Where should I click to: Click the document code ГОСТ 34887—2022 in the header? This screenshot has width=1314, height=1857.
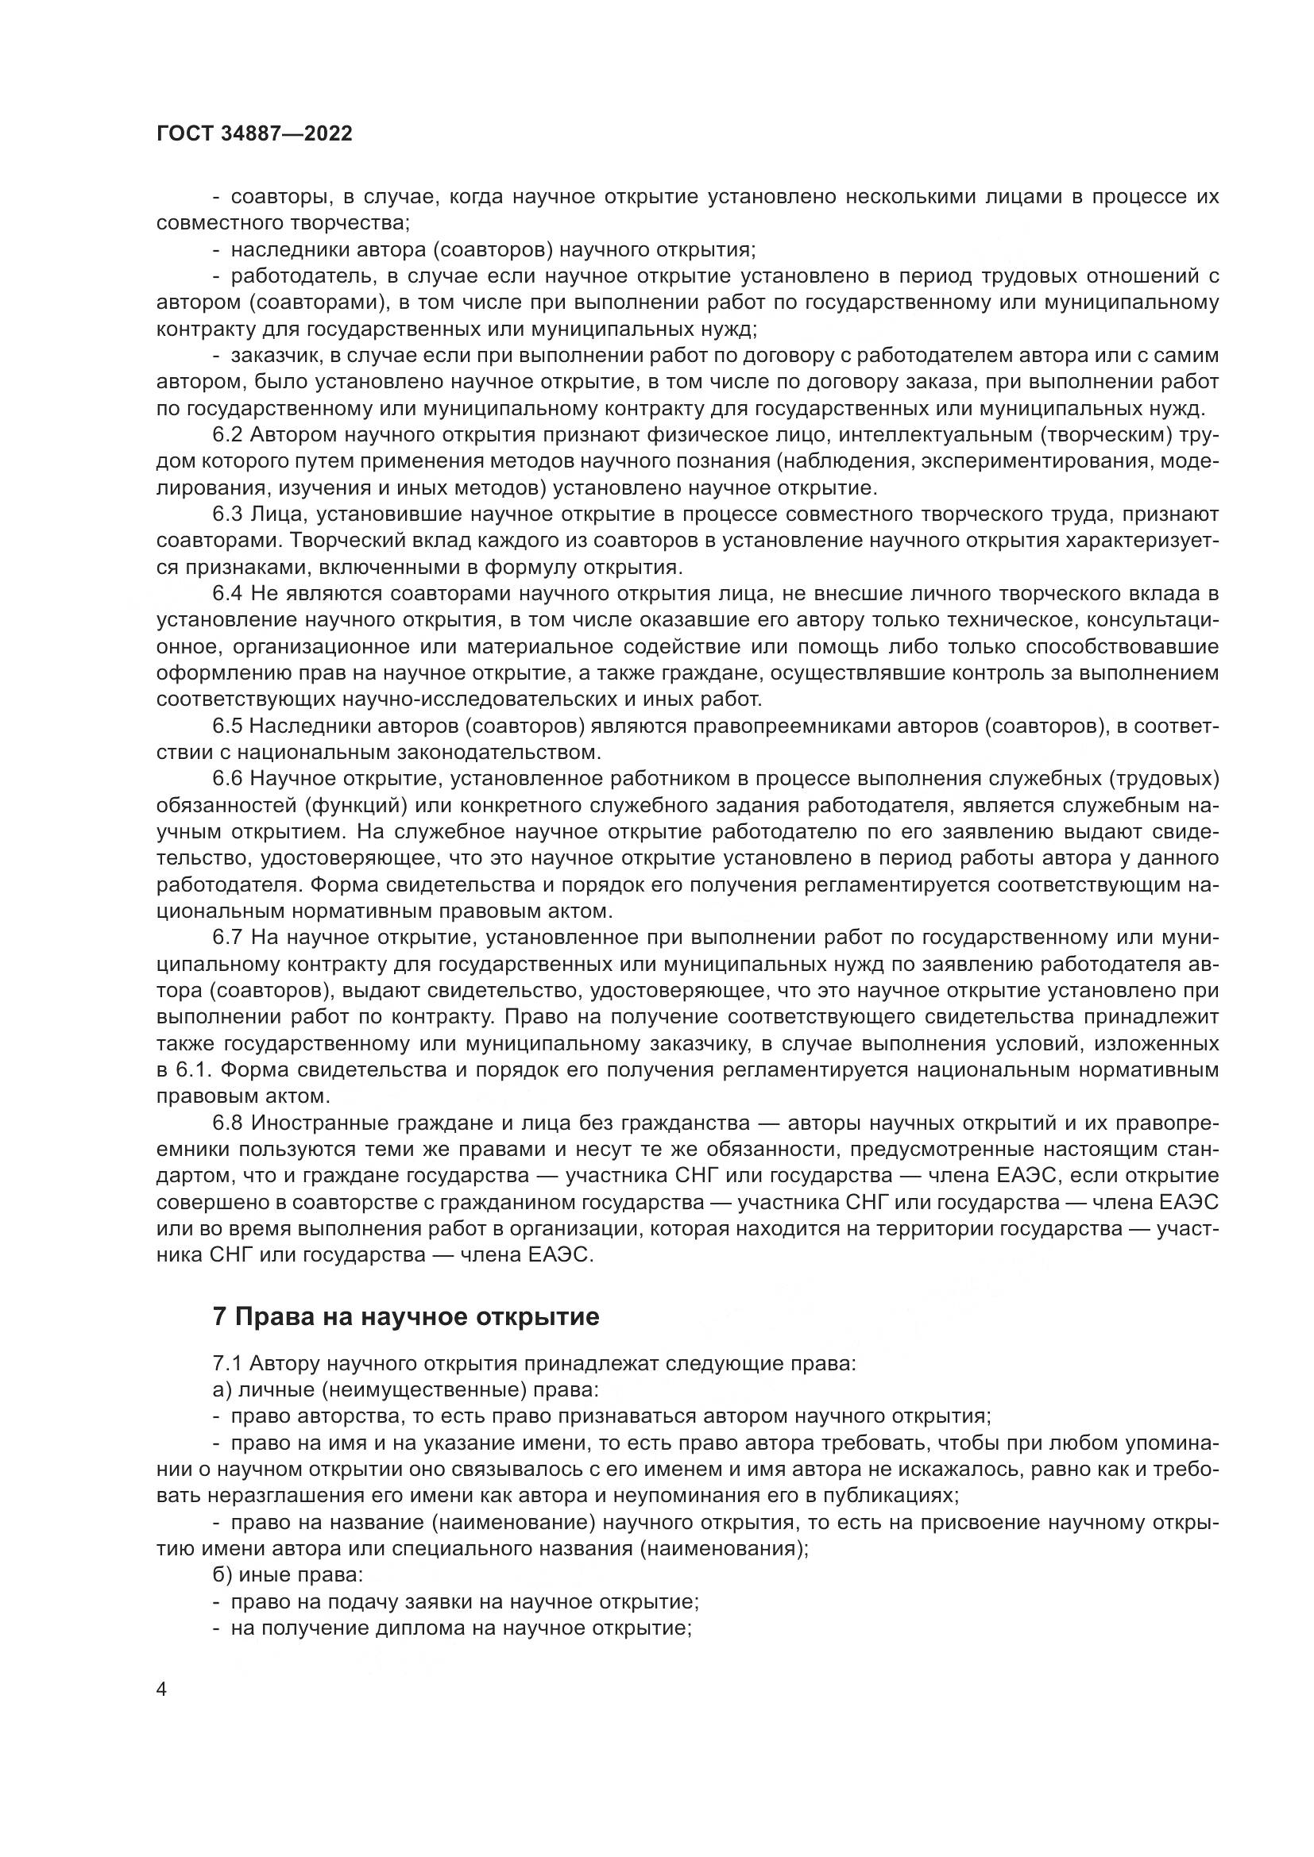pos(254,134)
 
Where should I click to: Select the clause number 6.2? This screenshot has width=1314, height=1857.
pos(227,435)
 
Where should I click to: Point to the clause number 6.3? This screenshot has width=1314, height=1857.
pos(227,514)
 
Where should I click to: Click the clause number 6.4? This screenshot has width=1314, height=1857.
pos(227,594)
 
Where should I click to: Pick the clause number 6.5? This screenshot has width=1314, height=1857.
pos(227,726)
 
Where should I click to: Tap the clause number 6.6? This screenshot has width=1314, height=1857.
pos(227,779)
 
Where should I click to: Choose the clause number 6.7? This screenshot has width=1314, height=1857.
pos(227,938)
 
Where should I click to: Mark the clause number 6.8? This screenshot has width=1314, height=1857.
pos(227,1123)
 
